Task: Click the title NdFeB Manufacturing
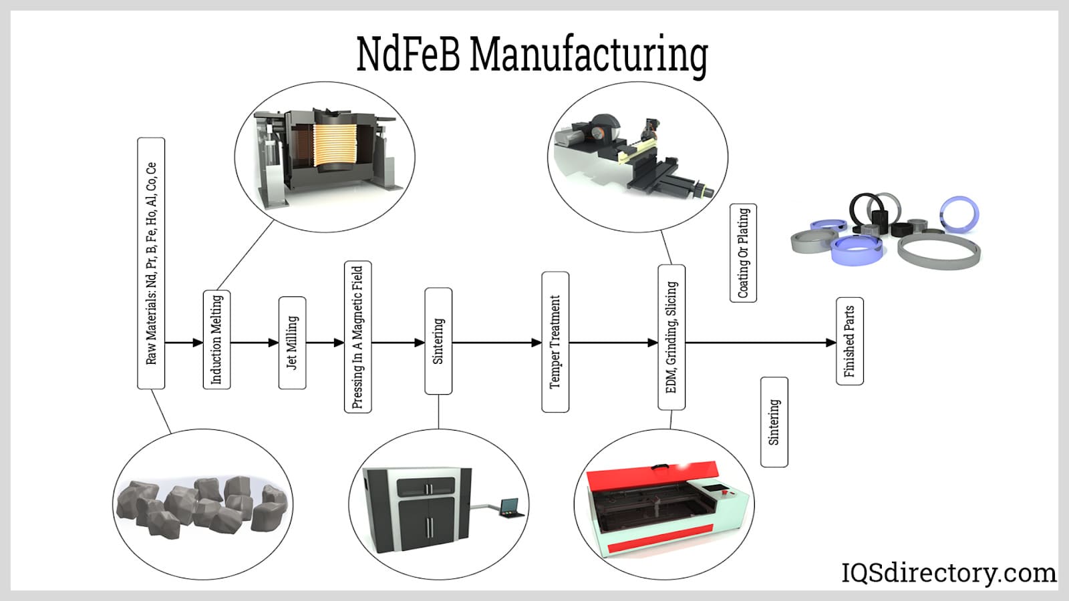click(x=532, y=54)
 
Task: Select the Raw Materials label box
click(x=151, y=263)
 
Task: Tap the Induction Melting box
click(x=216, y=339)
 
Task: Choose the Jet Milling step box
click(x=292, y=343)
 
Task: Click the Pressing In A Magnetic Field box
click(x=357, y=337)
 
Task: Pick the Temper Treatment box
click(x=555, y=342)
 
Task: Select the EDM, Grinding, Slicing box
click(x=671, y=337)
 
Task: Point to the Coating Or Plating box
click(x=743, y=253)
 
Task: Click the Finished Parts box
click(x=849, y=341)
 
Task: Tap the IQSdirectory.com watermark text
click(x=949, y=573)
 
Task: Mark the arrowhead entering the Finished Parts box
click(x=831, y=343)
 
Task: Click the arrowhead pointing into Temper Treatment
click(x=537, y=343)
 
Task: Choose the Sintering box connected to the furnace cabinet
click(x=438, y=341)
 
